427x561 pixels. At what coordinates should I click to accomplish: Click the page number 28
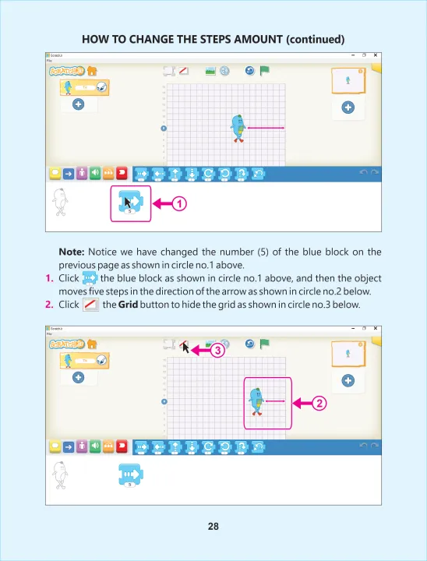tap(213, 526)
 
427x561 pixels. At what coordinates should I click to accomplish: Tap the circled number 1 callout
tap(179, 204)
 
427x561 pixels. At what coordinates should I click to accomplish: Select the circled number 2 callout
tap(319, 404)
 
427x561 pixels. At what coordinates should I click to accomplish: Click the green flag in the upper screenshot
tap(265, 70)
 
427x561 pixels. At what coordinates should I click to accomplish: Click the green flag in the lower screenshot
tap(265, 343)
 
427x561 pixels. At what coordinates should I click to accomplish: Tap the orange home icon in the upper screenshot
tap(92, 69)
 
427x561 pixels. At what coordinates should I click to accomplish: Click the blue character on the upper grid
tap(238, 128)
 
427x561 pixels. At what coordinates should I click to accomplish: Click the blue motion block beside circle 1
tap(129, 202)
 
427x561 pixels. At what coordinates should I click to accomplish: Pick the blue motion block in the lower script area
tap(130, 475)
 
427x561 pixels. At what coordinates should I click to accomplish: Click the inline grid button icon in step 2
tap(90, 303)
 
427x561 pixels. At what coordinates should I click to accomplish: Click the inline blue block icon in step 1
tap(90, 278)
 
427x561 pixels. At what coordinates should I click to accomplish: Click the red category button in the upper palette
tap(122, 173)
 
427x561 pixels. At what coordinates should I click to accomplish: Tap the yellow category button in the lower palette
tap(55, 446)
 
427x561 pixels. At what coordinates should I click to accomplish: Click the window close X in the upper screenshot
tap(376, 55)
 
